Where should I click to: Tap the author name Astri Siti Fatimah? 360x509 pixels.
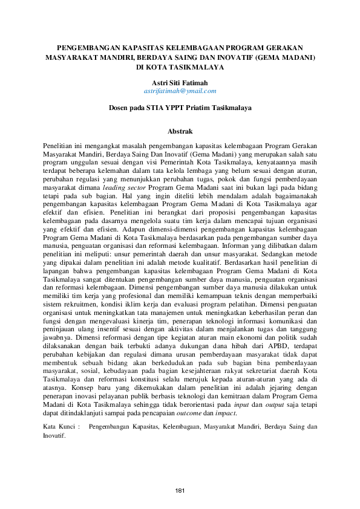180,82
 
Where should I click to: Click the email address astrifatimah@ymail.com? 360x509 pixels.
180,91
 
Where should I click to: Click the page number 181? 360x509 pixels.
180,490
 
